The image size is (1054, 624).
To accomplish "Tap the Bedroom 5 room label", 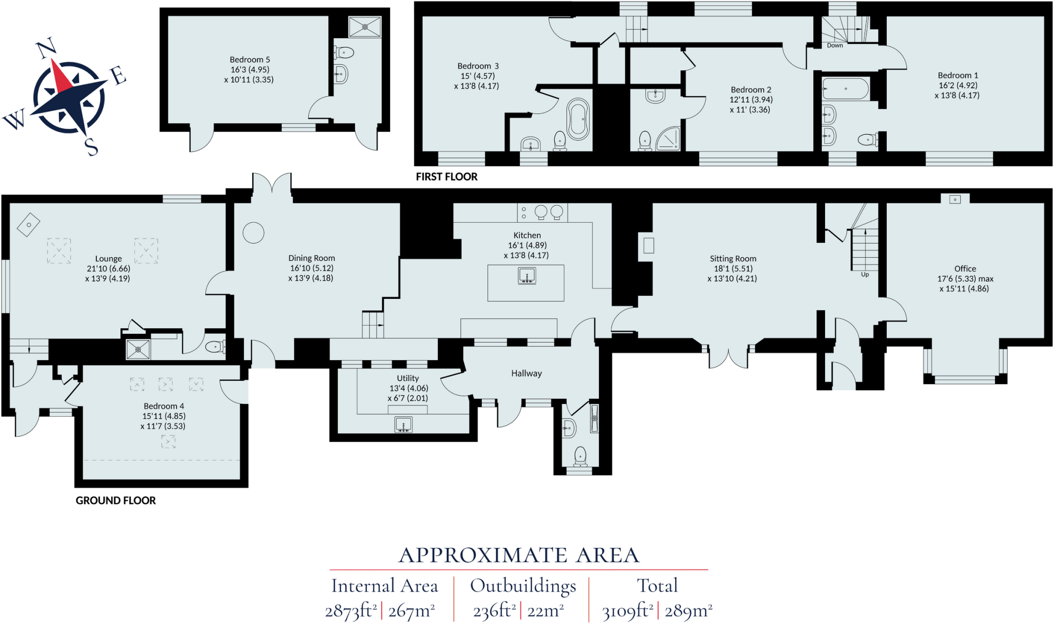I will [250, 60].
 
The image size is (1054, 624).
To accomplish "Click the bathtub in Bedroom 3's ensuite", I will [578, 119].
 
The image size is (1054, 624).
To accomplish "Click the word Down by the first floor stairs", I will [835, 46].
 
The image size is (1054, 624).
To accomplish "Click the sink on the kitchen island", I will [527, 276].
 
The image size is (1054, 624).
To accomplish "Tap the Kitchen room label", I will [527, 235].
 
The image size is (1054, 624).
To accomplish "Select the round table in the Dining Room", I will [253, 233].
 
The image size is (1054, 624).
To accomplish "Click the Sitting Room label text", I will [733, 259].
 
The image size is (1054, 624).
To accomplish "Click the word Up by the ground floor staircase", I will [865, 275].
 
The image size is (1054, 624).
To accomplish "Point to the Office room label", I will [965, 269].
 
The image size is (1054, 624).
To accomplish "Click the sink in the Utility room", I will [403, 425].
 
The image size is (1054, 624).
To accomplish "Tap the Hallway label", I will [526, 373].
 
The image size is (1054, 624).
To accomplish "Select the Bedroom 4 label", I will [164, 406].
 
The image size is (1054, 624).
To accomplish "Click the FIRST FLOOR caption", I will [446, 177].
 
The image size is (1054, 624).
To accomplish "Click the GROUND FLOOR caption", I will [115, 501].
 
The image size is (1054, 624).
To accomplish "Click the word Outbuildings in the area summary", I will [523, 586].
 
